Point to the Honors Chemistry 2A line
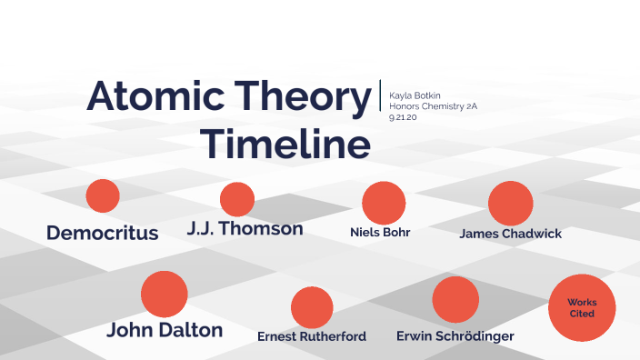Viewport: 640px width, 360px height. coord(433,106)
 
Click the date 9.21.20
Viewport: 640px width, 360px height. coord(403,118)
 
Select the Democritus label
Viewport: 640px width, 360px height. coord(103,233)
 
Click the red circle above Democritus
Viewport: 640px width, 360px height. coord(103,195)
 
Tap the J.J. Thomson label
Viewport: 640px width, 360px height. coord(245,228)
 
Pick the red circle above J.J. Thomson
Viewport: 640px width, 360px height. coord(237,199)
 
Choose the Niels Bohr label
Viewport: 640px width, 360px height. coord(380,232)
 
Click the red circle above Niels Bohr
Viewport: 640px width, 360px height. coord(384,203)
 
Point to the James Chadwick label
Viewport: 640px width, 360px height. coord(510,234)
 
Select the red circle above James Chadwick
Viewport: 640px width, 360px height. coord(510,204)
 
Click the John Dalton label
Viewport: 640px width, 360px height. coord(165,330)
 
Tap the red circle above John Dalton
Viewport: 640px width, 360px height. coord(165,294)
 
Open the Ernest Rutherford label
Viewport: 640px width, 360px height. coord(312,336)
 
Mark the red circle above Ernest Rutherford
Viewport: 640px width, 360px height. coord(312,307)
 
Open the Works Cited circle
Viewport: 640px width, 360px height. coord(582,307)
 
